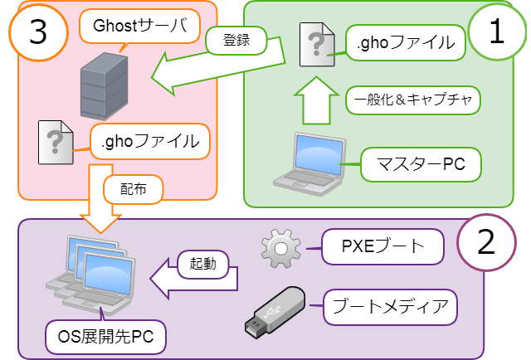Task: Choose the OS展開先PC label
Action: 105,336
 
